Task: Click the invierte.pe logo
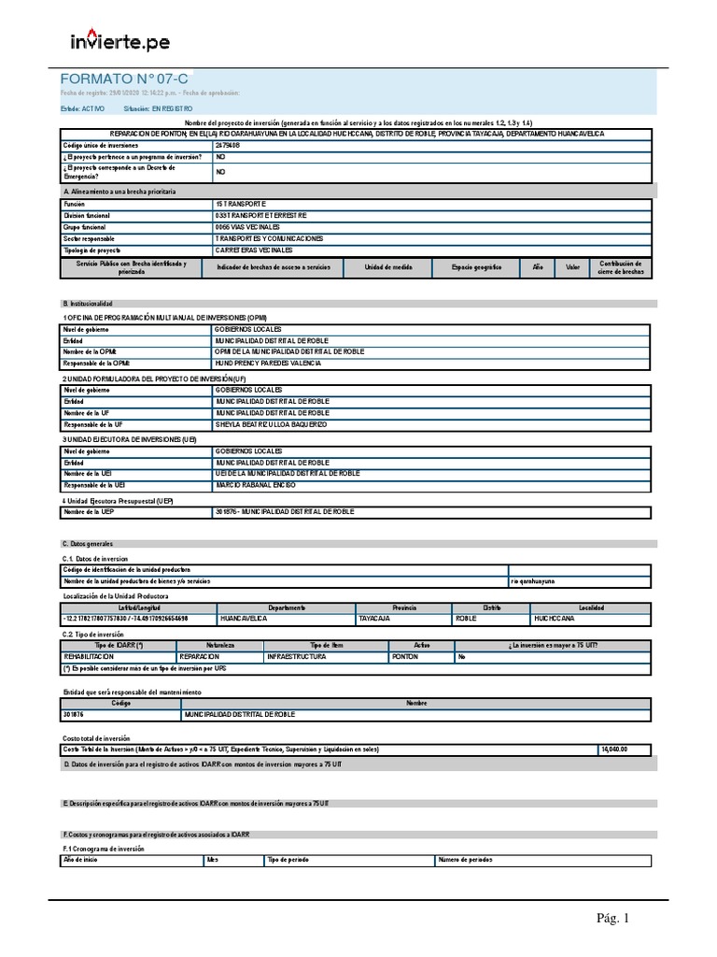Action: point(120,42)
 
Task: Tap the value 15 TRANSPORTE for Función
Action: point(241,203)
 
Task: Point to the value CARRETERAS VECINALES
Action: point(254,250)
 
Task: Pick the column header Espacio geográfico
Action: point(476,267)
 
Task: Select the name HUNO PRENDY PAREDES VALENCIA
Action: point(274,364)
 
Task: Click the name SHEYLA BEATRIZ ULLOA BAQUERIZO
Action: point(272,424)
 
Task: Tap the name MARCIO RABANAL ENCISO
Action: point(256,485)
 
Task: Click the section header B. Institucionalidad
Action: point(87,304)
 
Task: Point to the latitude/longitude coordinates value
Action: point(125,619)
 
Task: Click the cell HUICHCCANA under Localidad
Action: point(555,619)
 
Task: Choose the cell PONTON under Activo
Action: point(405,657)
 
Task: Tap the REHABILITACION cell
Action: point(88,657)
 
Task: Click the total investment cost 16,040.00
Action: point(614,750)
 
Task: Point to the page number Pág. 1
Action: point(613,919)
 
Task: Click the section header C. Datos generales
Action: point(84,543)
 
